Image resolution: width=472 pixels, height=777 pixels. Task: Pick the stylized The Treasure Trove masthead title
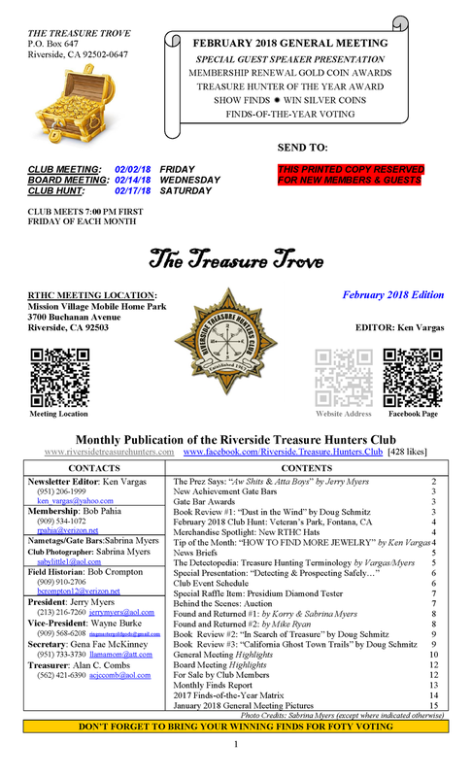coord(236,257)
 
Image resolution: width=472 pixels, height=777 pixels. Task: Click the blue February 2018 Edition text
coord(392,294)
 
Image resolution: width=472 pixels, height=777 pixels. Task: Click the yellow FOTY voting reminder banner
coord(236,753)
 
